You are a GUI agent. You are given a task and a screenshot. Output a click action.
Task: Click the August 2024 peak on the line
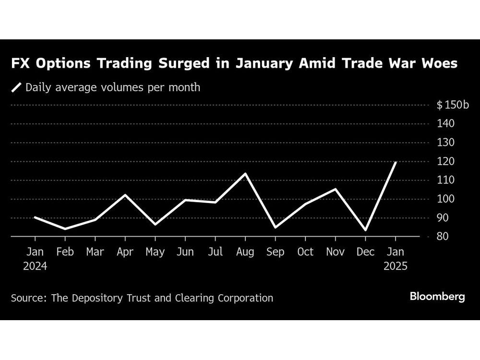click(245, 173)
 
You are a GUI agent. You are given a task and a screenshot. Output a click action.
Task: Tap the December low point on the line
click(366, 230)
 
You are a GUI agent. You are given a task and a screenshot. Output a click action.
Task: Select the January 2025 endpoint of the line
click(396, 162)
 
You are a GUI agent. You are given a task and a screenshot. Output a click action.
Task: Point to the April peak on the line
click(125, 195)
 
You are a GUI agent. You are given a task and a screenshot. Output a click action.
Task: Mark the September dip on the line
click(276, 228)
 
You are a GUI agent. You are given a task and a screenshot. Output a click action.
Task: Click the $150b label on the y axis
click(453, 105)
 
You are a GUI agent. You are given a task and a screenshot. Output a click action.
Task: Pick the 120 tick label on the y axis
click(445, 161)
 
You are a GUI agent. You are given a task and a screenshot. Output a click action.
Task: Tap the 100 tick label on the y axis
click(445, 199)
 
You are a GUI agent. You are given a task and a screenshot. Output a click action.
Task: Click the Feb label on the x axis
click(65, 252)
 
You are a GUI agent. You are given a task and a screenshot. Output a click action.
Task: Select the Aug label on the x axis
click(245, 252)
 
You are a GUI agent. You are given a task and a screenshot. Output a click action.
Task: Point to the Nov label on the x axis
click(336, 252)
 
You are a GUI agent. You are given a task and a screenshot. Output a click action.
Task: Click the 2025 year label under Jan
click(396, 266)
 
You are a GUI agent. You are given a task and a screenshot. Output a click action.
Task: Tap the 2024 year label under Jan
click(35, 266)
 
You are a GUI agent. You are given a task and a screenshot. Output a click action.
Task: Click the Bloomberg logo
click(437, 297)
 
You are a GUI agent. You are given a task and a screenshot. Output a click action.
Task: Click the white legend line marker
click(17, 87)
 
